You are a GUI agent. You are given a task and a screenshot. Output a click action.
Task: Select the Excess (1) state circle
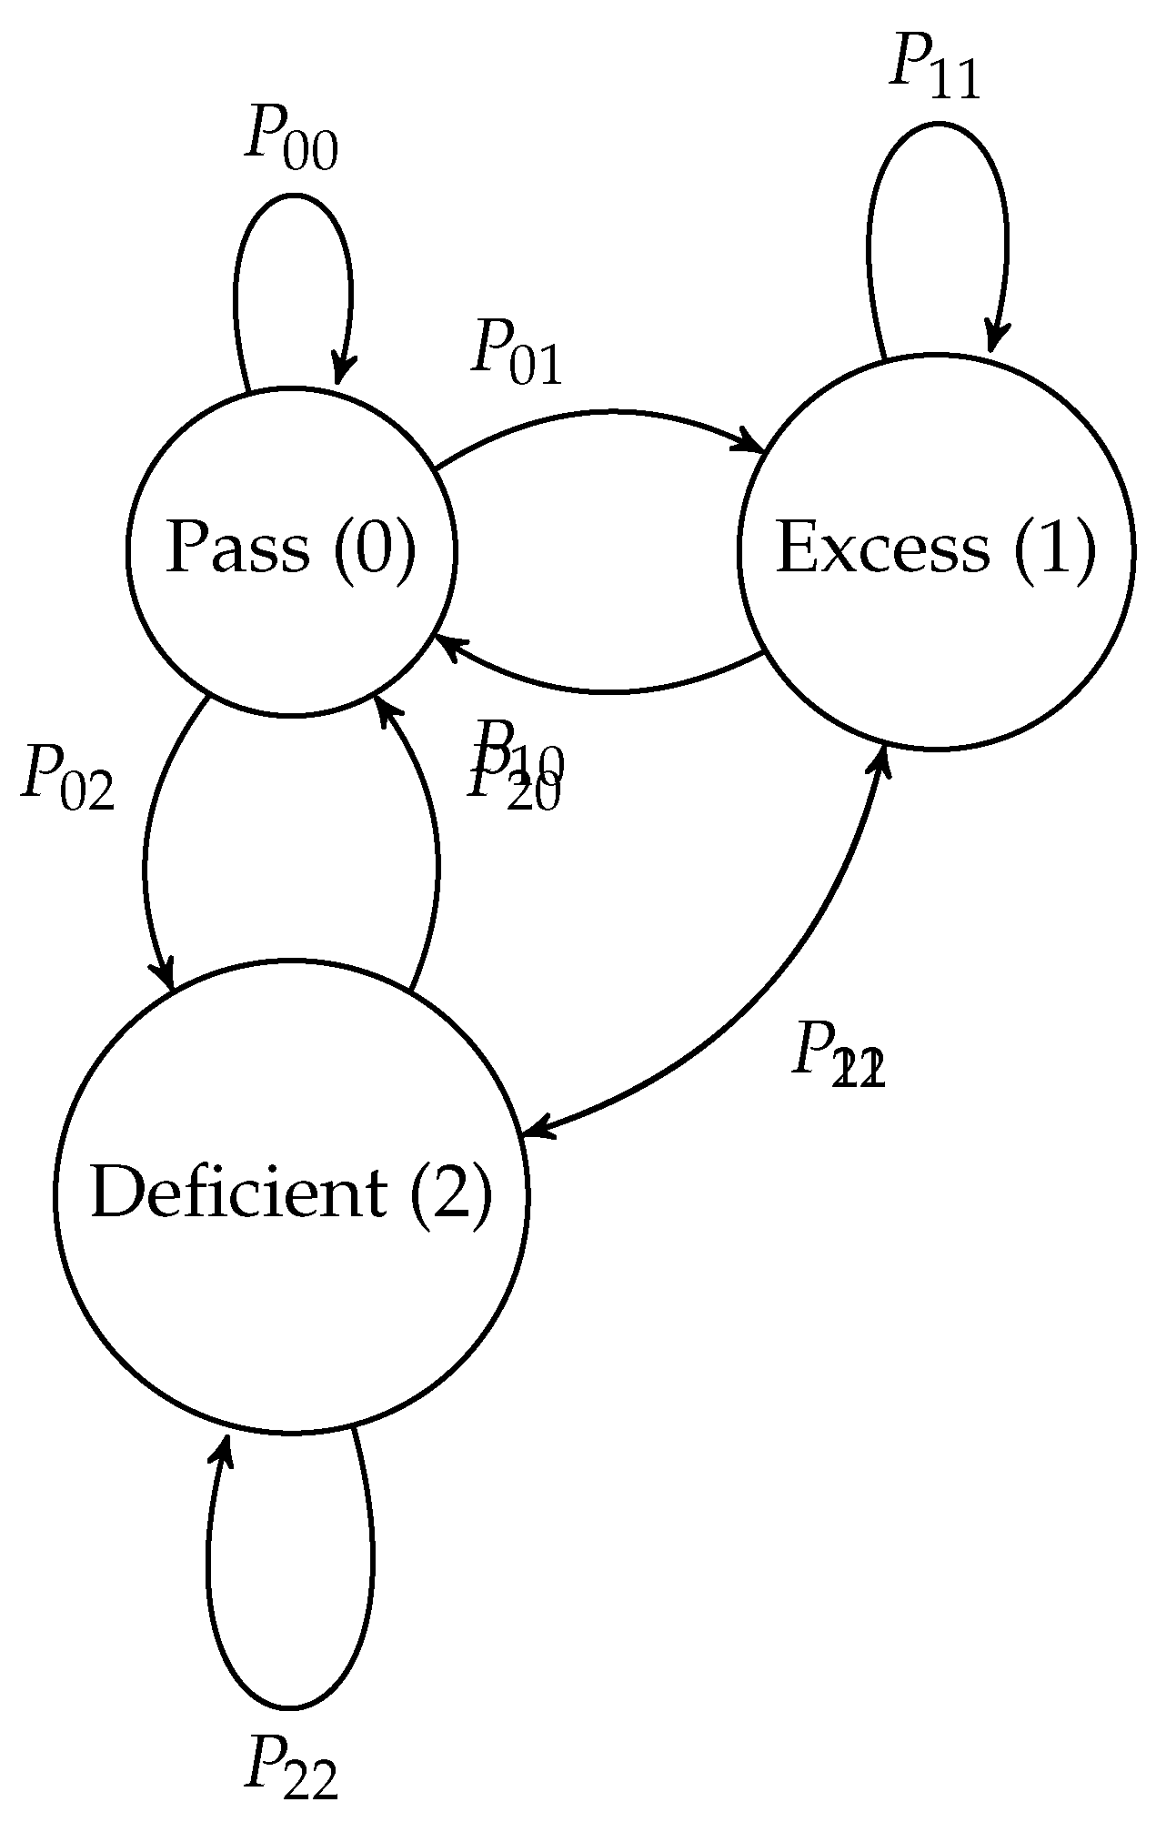[x=935, y=637]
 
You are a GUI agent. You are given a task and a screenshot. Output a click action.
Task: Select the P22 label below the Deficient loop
[x=290, y=1766]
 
